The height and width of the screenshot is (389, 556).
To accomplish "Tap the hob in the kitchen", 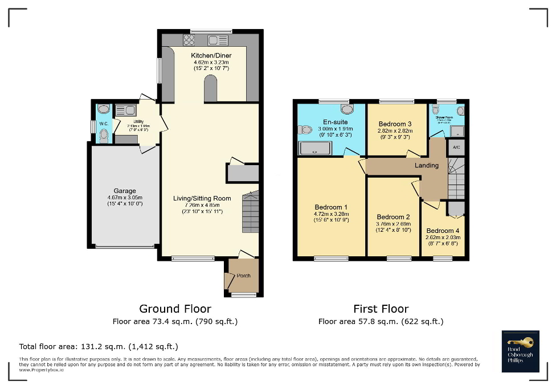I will pyautogui.click(x=189, y=40).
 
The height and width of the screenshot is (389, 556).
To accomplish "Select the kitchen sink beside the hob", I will pyautogui.click(x=217, y=40).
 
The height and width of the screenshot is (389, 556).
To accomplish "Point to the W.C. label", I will pyautogui.click(x=104, y=124).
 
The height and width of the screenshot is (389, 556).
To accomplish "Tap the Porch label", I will pyautogui.click(x=243, y=276).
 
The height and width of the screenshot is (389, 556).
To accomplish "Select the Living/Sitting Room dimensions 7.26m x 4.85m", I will pyautogui.click(x=202, y=205).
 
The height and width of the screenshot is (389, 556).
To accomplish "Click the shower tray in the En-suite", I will pyautogui.click(x=314, y=149).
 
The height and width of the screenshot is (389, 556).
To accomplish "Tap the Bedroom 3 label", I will pyautogui.click(x=395, y=124).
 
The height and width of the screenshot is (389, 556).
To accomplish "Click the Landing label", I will pyautogui.click(x=427, y=165).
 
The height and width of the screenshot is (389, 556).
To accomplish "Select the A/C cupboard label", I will pyautogui.click(x=456, y=148).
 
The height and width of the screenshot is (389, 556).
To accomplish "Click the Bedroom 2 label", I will pyautogui.click(x=393, y=217).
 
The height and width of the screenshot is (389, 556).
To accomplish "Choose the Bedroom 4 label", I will pyautogui.click(x=442, y=231).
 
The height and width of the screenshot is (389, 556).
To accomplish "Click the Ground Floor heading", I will pyautogui.click(x=175, y=309).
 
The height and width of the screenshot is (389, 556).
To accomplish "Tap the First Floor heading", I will pyautogui.click(x=381, y=309).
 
